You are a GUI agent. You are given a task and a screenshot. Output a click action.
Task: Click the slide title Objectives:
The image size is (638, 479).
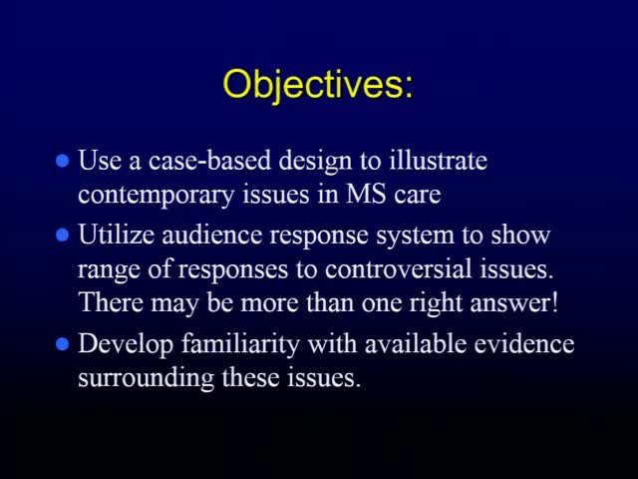318,84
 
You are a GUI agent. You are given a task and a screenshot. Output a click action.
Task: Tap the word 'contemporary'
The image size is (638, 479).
157,195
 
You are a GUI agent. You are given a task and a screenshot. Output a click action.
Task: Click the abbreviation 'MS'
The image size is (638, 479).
366,195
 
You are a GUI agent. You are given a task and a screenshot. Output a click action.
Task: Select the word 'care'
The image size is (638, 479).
417,195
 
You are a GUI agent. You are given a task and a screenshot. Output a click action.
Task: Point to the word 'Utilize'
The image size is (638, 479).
116,236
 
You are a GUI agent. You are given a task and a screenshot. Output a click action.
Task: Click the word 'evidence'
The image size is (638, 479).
524,344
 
